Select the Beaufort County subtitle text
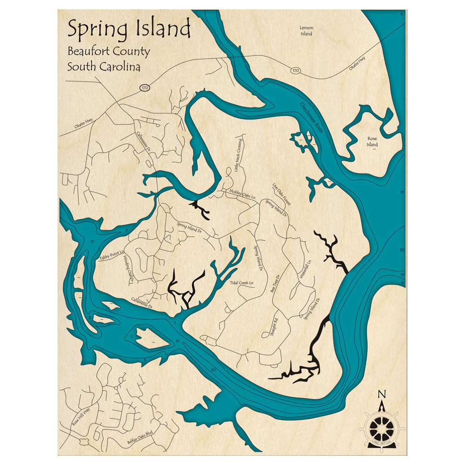pos(108,51)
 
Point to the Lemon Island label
pos(306,31)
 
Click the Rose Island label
pos(372,141)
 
